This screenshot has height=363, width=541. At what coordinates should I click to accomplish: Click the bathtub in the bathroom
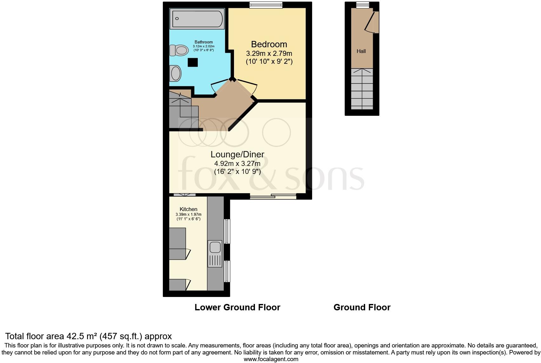click(x=197, y=19)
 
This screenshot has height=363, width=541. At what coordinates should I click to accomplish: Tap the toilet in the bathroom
click(x=178, y=50)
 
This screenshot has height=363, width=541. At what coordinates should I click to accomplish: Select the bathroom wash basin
click(x=176, y=74)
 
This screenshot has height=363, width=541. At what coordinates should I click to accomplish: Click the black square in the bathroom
click(x=192, y=62)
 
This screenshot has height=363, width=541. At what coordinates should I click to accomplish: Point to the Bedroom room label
click(x=269, y=44)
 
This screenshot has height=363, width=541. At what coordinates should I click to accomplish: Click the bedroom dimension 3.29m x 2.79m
click(x=269, y=53)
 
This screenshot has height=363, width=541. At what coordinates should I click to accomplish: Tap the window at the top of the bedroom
click(x=266, y=5)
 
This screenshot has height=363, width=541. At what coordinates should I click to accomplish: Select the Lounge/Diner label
click(x=237, y=155)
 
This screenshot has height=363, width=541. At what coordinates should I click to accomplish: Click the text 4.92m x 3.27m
click(x=237, y=164)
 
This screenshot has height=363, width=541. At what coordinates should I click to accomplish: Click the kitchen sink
click(x=215, y=254)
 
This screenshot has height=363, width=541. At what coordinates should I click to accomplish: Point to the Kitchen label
click(x=188, y=209)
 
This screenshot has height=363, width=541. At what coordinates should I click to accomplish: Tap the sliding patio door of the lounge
click(x=273, y=197)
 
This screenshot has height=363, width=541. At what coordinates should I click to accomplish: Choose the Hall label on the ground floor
click(x=361, y=51)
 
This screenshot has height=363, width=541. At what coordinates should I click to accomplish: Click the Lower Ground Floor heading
click(x=237, y=307)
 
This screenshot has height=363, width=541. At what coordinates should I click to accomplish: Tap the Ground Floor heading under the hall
click(x=362, y=307)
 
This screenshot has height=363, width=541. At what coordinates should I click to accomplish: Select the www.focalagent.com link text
click(x=271, y=359)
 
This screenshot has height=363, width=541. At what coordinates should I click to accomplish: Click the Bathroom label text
click(x=204, y=42)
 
